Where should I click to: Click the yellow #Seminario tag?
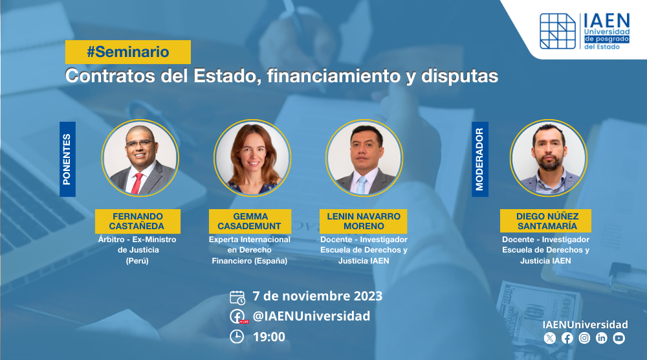(x=128, y=52)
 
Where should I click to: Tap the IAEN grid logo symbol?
(x=558, y=31)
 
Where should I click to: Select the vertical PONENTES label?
(x=67, y=159)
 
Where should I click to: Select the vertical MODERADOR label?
(x=480, y=159)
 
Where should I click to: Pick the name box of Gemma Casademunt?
(x=250, y=221)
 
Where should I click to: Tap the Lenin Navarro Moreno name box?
(x=364, y=221)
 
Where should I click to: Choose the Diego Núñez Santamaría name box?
(x=545, y=221)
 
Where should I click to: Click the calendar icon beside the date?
(x=237, y=297)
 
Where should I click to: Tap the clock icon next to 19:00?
(x=237, y=337)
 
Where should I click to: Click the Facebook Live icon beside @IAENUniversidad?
(x=238, y=317)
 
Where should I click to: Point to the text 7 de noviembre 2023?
(x=317, y=296)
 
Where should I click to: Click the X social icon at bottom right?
(x=549, y=339)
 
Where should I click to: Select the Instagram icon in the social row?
(x=584, y=338)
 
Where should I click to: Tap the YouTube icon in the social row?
(x=619, y=338)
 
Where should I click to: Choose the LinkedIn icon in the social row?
(x=602, y=338)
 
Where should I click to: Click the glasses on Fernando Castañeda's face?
(x=140, y=143)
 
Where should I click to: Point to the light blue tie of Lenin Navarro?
(x=362, y=185)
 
